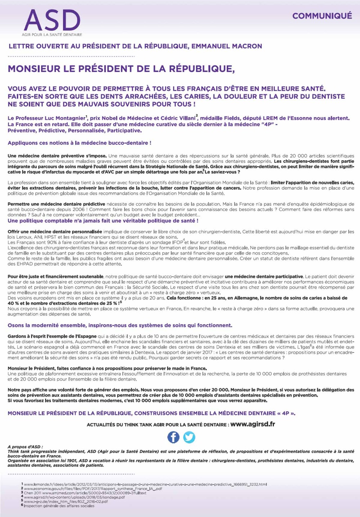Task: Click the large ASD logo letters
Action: [x=52, y=21]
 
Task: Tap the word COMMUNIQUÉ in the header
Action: [x=322, y=16]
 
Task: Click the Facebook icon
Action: [x=173, y=437]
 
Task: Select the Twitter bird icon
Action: [x=189, y=437]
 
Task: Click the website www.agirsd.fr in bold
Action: [x=252, y=424]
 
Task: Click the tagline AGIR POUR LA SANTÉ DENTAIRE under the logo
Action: [x=52, y=35]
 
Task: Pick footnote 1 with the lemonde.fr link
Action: [x=144, y=484]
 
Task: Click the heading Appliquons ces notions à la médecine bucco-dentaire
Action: [x=79, y=143]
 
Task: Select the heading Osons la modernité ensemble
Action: [x=46, y=325]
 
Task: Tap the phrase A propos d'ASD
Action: [x=25, y=447]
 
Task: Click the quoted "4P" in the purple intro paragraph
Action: [x=266, y=124]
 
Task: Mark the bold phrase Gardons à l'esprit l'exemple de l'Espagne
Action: [x=52, y=336]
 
